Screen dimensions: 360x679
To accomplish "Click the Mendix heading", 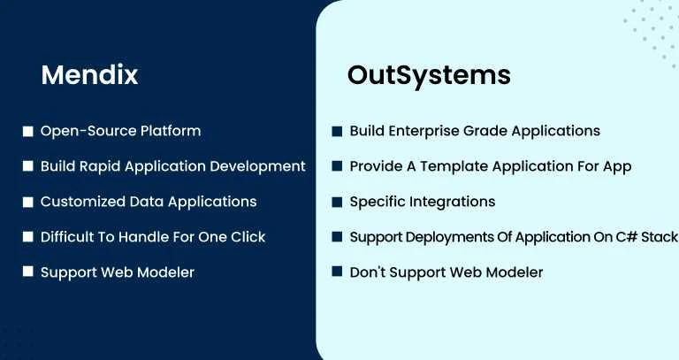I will (x=89, y=75).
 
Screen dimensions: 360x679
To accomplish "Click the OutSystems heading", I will (x=429, y=75).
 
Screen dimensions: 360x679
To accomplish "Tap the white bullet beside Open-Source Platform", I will (x=27, y=131).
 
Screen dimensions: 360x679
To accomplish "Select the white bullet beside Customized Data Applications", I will (x=27, y=202).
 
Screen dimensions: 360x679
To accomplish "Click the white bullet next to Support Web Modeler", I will (x=27, y=272).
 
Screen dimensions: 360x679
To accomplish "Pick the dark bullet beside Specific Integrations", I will (x=337, y=202).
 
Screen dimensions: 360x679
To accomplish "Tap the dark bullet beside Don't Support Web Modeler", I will (x=337, y=272).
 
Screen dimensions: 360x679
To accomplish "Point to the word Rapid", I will (x=106, y=166).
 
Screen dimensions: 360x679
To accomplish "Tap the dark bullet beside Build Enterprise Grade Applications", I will (x=337, y=131).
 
